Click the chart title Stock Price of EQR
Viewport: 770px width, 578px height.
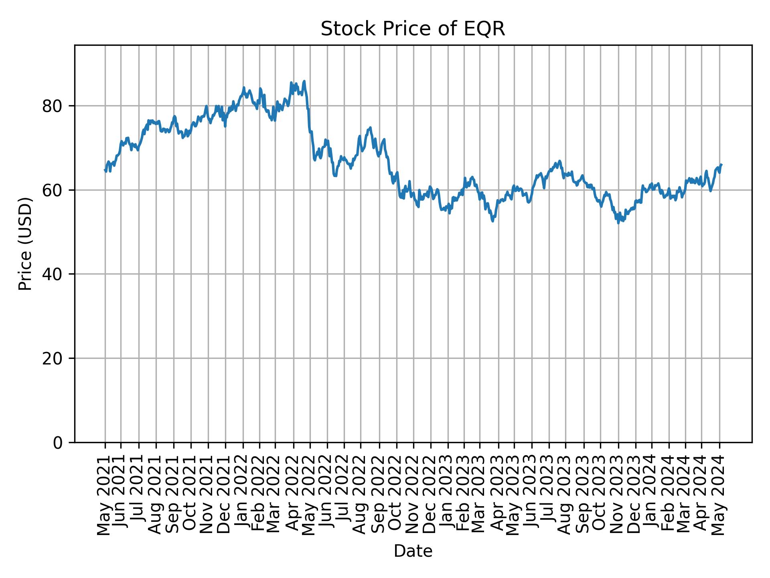coord(413,29)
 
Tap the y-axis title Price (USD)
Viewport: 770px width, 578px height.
coord(25,244)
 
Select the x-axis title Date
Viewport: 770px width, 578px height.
coord(413,551)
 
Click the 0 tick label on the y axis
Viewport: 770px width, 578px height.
coord(58,442)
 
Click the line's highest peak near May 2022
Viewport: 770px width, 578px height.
coord(304,81)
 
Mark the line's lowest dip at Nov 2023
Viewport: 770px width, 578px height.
coord(618,223)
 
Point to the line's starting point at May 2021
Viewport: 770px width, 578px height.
coord(105,170)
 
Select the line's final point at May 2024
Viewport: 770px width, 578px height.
coord(721,165)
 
